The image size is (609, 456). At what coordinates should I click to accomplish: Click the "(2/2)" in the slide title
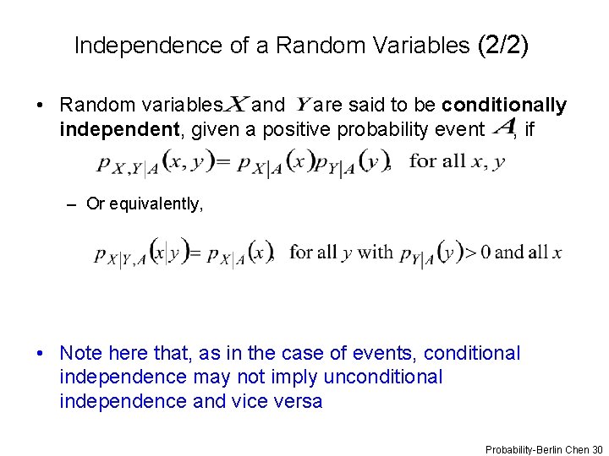(502, 45)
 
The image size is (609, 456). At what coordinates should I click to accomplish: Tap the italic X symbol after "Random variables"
(237, 105)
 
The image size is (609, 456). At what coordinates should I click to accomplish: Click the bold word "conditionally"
(504, 106)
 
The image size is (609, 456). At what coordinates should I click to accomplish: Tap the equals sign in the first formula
(222, 161)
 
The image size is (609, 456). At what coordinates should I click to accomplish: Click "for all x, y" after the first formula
(457, 160)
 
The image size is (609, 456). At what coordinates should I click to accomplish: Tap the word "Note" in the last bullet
(82, 353)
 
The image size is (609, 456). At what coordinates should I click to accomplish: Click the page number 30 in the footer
(597, 449)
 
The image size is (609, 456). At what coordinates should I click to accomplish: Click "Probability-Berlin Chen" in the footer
(537, 449)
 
